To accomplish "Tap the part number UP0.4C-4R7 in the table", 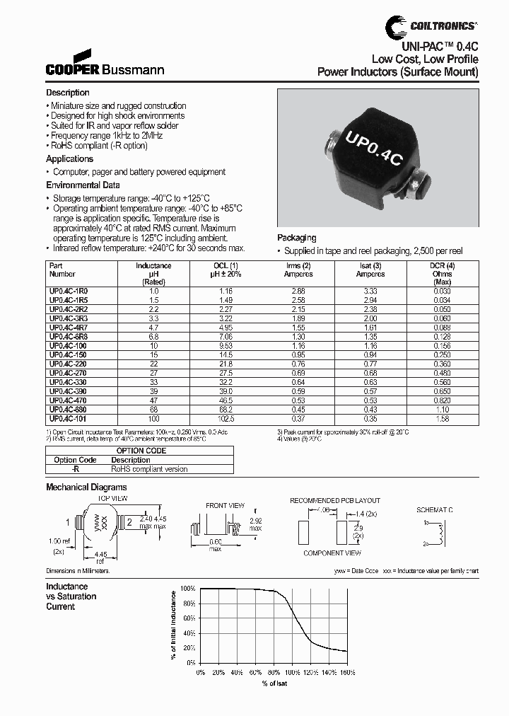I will click(69, 328).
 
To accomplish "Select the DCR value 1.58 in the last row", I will click(441, 419).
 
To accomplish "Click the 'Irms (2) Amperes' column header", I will click(298, 270).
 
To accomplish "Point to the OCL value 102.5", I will click(227, 419).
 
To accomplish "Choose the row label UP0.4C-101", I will click(69, 419).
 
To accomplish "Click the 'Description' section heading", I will click(68, 93).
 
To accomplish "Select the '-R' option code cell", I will click(75, 468).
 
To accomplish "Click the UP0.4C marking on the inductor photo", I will click(374, 146).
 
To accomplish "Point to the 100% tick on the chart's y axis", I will click(187, 589).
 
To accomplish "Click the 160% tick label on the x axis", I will click(348, 672).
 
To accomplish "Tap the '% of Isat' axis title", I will click(274, 683).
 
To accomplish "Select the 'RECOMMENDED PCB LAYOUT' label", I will click(334, 500).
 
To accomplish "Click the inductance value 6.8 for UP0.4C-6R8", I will click(153, 337).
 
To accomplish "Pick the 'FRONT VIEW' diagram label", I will click(226, 506).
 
